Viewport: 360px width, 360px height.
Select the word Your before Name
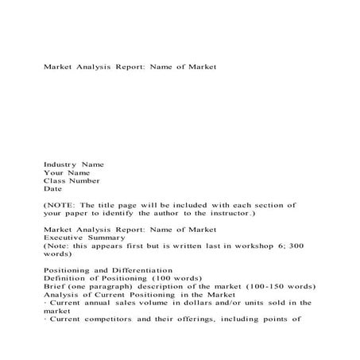point(53,172)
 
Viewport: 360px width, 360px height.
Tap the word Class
point(55,180)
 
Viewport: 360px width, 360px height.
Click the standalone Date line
point(52,189)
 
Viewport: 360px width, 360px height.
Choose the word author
point(183,214)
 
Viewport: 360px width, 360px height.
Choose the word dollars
point(192,303)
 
